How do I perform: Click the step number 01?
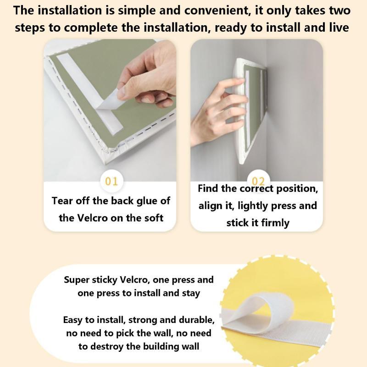coord(111,181)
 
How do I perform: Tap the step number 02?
coord(258,181)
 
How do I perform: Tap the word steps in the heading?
coord(30,28)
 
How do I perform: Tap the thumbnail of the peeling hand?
coord(110,110)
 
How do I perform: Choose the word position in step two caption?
coord(297,189)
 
